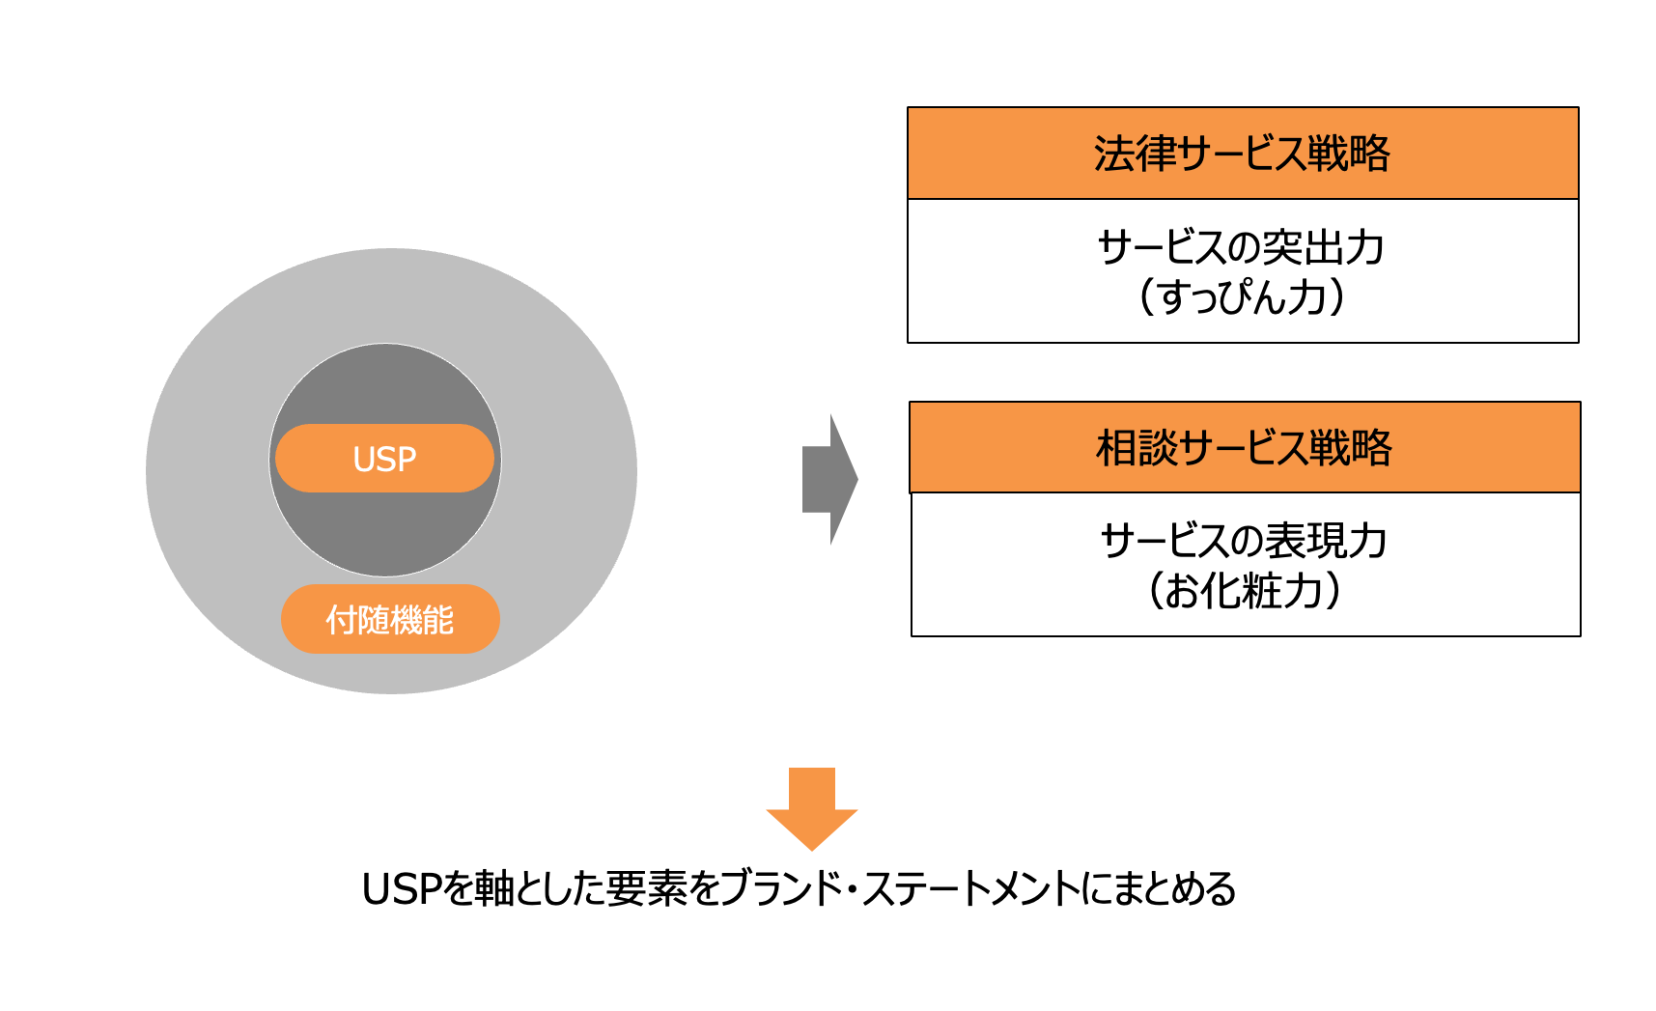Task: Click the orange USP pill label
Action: pos(384,459)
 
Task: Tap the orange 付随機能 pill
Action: pos(390,619)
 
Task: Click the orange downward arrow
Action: pos(812,807)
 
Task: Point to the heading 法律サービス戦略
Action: pos(1242,154)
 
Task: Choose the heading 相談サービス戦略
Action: pos(1244,448)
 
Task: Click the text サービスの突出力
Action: pos(1242,248)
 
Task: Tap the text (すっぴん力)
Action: pos(1242,296)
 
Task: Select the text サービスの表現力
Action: pos(1244,541)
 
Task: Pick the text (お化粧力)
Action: pos(1244,590)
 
